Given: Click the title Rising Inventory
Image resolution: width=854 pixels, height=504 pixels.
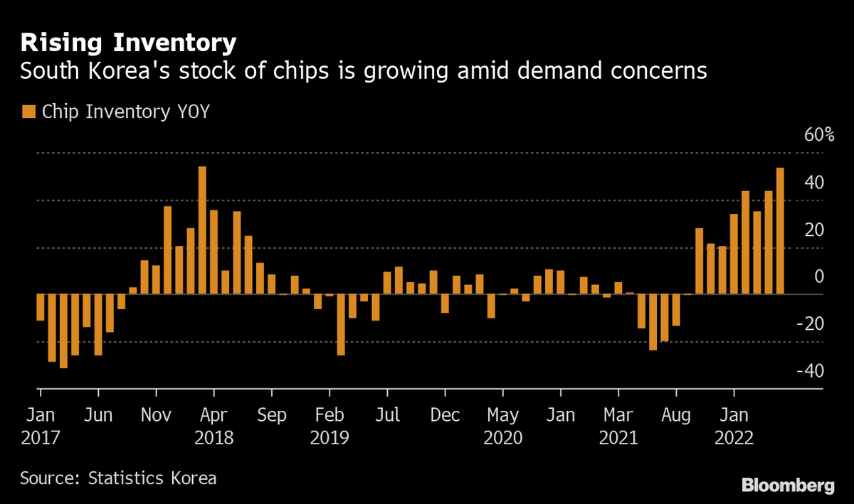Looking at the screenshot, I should tap(127, 43).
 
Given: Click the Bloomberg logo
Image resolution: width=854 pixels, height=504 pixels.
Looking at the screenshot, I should tap(788, 486).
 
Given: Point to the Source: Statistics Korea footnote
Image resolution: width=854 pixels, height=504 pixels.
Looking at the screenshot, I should tap(118, 478).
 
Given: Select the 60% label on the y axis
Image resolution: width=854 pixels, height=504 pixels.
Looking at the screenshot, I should tap(818, 136).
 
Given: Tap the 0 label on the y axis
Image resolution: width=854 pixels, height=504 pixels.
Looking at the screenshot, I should tap(819, 277).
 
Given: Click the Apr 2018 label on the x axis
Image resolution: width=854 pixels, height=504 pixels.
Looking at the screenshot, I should tap(213, 425).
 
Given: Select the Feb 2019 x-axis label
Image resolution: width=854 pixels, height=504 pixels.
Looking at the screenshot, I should tap(329, 425).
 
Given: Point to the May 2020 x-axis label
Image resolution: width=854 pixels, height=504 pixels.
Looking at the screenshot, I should tap(502, 425).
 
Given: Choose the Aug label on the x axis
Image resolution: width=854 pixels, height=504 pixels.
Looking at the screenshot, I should tap(676, 414).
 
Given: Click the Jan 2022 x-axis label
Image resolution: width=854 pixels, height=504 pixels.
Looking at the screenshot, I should tap(734, 425).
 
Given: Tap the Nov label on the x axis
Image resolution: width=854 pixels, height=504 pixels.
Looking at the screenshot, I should tap(156, 414).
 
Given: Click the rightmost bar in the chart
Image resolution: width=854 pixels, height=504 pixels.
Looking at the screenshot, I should tap(780, 231).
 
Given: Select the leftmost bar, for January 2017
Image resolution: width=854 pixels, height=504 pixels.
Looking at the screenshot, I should tap(40, 307).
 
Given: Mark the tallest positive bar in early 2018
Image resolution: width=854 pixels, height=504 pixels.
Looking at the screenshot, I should tap(202, 230).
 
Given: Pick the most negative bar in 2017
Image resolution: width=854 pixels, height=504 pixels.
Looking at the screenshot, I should tap(63, 331).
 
